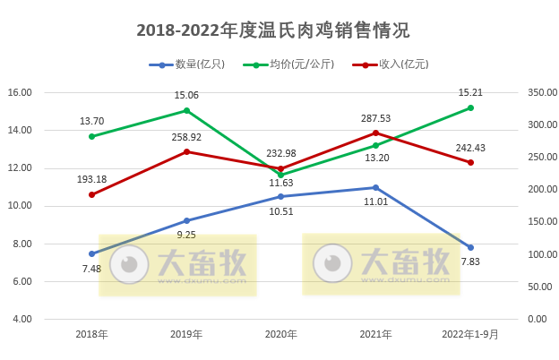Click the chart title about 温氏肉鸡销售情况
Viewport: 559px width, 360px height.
(x=272, y=30)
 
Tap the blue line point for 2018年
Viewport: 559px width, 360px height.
(x=91, y=253)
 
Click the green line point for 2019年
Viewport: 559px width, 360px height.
(x=186, y=111)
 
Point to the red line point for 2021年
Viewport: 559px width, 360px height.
(x=376, y=133)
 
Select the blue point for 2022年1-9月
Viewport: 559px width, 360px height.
(x=471, y=247)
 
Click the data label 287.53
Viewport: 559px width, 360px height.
(x=374, y=117)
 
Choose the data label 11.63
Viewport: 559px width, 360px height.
(x=280, y=184)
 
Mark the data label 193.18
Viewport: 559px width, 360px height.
(x=91, y=179)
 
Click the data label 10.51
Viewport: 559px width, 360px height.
(x=280, y=212)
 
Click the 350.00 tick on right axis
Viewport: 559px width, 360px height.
(x=539, y=92)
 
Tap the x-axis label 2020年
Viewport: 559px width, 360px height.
(x=280, y=335)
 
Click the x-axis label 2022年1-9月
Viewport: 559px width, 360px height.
(x=470, y=335)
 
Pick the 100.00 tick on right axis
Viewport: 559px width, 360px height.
(x=539, y=254)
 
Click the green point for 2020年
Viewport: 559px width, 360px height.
(x=281, y=175)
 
